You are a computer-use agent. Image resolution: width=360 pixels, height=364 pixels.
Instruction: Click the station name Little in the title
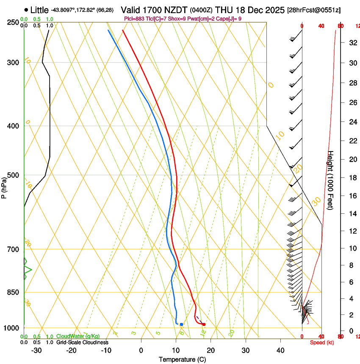(x=40, y=10)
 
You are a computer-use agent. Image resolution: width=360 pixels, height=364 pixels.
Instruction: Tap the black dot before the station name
(x=27, y=10)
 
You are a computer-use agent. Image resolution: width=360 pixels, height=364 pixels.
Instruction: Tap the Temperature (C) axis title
(x=182, y=360)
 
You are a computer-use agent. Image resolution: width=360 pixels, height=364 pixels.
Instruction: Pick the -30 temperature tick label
(x=36, y=350)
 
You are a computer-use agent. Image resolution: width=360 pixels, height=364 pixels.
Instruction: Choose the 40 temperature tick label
(x=280, y=350)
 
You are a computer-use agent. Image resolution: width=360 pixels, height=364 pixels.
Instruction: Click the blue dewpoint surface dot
(x=181, y=324)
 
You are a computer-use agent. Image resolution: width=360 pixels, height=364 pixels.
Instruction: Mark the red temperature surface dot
(x=204, y=324)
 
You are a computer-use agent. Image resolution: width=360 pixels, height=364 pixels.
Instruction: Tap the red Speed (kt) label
(x=321, y=342)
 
